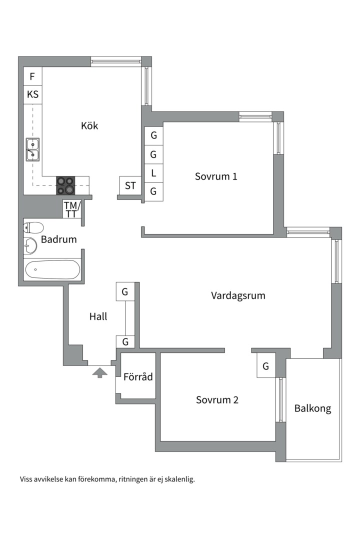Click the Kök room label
[x=89, y=125]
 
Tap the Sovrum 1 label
[x=216, y=176]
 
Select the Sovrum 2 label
[x=217, y=400]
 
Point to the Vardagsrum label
[x=238, y=296]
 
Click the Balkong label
[x=313, y=409]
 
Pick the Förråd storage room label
[x=138, y=376]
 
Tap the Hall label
[x=98, y=316]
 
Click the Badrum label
[x=59, y=239]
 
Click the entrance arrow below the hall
[x=100, y=372]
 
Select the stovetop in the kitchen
[x=66, y=185]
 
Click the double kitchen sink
[x=32, y=150]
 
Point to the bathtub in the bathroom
[x=52, y=269]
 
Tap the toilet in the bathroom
[x=33, y=227]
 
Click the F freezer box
[x=32, y=76]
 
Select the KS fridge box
[x=32, y=94]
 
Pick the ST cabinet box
[x=130, y=186]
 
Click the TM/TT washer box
[x=72, y=209]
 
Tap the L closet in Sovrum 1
[x=153, y=173]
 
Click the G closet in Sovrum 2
[x=266, y=365]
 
